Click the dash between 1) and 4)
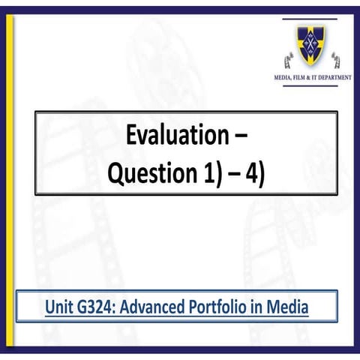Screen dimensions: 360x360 (234, 174)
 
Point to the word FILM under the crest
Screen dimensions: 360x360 (300, 77)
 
